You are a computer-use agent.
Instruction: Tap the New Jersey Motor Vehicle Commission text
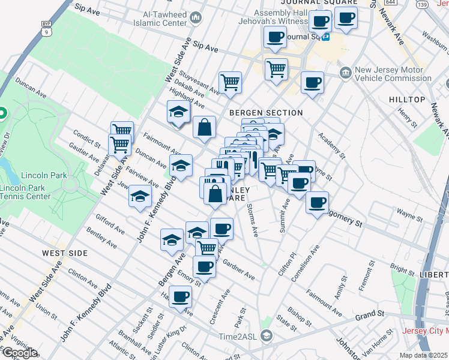[x=393, y=74]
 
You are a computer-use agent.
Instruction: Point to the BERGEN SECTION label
[x=266, y=113]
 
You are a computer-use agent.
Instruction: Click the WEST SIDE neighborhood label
[x=65, y=253]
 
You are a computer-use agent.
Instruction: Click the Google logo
[x=20, y=352]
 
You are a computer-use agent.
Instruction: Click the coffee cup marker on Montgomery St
[x=317, y=202]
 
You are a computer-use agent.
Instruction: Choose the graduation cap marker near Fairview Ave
[x=140, y=196]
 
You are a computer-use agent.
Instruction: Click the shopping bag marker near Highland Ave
[x=204, y=126]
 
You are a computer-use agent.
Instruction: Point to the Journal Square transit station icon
[x=327, y=36]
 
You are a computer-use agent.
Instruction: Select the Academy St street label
[x=333, y=145]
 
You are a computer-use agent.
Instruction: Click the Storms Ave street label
[x=253, y=219]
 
